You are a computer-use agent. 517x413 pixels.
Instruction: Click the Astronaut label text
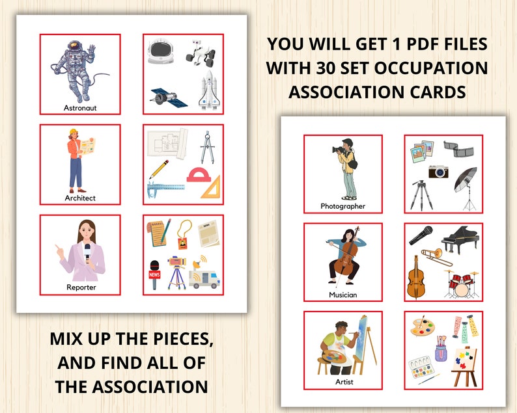pyautogui.click(x=81, y=108)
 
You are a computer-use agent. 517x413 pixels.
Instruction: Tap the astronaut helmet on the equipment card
pyautogui.click(x=161, y=51)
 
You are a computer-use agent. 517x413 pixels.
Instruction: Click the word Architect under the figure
pyautogui.click(x=80, y=198)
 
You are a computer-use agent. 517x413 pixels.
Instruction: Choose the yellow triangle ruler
pyautogui.click(x=210, y=188)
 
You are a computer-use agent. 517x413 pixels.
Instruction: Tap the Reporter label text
pyautogui.click(x=81, y=287)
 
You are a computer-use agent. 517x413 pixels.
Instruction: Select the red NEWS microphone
pyautogui.click(x=155, y=274)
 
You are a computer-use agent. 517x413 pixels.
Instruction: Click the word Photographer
pyautogui.click(x=342, y=206)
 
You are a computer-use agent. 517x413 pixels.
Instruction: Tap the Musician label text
pyautogui.click(x=343, y=295)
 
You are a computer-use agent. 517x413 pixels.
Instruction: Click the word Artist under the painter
pyautogui.click(x=343, y=382)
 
